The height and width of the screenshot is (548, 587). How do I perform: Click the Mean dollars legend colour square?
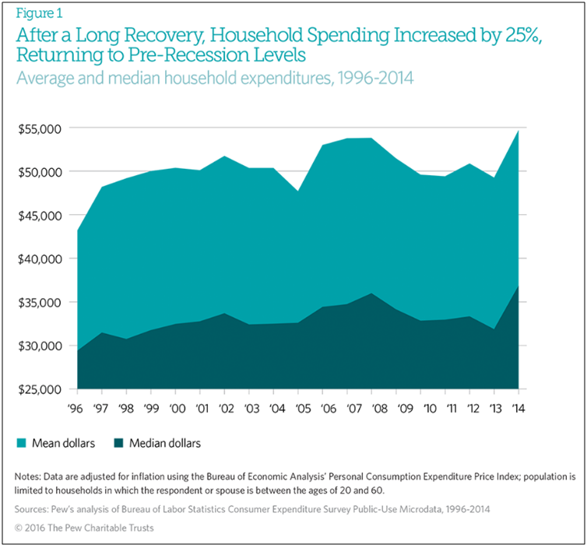pyautogui.click(x=22, y=444)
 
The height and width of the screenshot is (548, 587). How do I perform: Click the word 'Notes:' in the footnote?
pyautogui.click(x=30, y=476)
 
